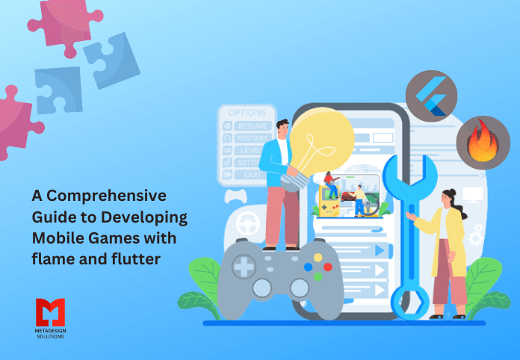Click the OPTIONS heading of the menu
point(246,113)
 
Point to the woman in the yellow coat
point(449,246)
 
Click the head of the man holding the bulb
point(282,128)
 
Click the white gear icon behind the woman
point(476,235)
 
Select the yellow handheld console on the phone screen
point(329,199)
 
